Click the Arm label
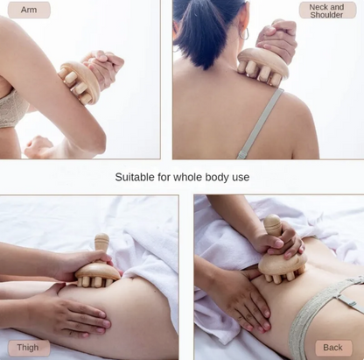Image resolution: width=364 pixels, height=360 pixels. tap(29, 10)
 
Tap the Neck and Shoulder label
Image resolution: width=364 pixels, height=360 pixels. tap(327, 11)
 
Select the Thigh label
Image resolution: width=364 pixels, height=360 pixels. tap(28, 348)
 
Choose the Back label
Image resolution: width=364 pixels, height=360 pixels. tap(333, 348)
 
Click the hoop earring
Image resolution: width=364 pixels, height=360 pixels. tap(244, 33)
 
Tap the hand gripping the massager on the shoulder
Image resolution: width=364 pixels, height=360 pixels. tap(276, 38)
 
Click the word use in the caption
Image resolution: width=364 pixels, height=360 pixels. tap(241, 178)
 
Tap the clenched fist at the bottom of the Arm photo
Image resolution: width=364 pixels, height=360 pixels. tap(38, 147)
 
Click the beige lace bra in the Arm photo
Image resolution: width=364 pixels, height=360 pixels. tap(11, 108)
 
